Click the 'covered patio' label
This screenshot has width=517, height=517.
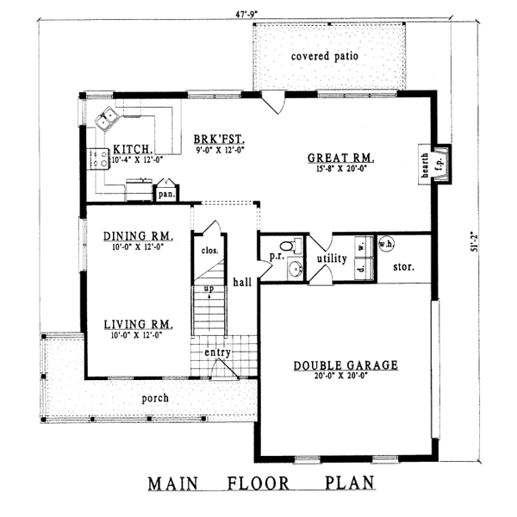(x=324, y=56)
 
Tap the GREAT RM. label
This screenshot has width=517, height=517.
(x=339, y=158)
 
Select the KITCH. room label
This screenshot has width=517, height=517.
(x=133, y=148)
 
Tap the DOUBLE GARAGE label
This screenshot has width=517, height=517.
(x=345, y=365)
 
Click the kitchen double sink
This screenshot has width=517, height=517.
(x=108, y=118)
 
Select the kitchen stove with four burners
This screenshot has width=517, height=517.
(x=97, y=158)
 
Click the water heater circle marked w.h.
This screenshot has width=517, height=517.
(x=385, y=243)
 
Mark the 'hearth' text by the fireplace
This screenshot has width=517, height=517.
(x=424, y=159)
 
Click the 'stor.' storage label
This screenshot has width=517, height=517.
(x=403, y=267)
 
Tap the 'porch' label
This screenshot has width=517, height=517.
(x=156, y=398)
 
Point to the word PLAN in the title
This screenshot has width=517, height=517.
(x=343, y=483)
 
